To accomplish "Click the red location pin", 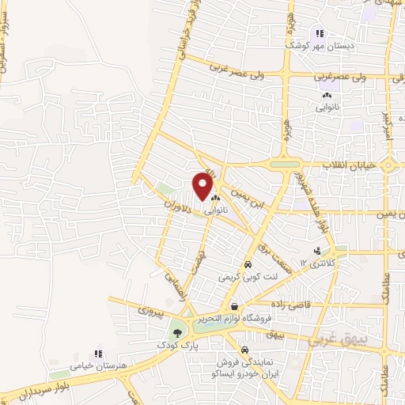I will tap(202, 186).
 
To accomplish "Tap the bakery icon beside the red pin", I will tap(215, 199).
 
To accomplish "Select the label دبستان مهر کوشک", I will tap(319, 46).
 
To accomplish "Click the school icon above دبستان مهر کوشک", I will tap(319, 33).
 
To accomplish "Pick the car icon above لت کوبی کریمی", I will tap(248, 265).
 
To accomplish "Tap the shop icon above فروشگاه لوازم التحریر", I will tap(233, 306).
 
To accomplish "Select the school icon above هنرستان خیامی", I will tap(98, 354).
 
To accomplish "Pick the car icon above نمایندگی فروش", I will tap(245, 349).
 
